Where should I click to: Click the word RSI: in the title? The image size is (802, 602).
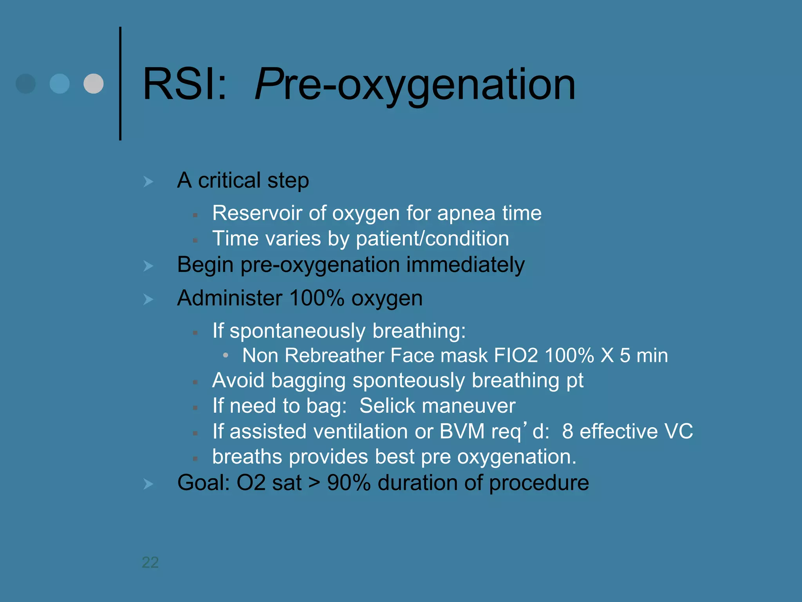(x=184, y=84)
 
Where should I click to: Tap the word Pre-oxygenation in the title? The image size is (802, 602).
(x=415, y=84)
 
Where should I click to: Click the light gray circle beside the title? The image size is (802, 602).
(x=94, y=83)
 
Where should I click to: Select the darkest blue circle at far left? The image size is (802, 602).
(x=25, y=83)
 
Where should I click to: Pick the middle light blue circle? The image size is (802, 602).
(x=60, y=83)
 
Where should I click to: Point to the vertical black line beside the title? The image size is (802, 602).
(x=120, y=83)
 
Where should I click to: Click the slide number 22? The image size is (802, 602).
(x=150, y=562)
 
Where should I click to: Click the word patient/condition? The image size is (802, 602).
(x=432, y=239)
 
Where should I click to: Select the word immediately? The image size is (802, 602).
(x=465, y=265)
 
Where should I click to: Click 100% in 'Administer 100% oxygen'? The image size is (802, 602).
(x=316, y=298)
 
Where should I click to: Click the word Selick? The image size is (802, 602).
(x=387, y=406)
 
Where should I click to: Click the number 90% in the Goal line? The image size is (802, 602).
(x=349, y=482)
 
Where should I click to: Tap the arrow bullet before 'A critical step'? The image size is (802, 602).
(x=148, y=181)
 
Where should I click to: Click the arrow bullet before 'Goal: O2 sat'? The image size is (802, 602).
(x=148, y=484)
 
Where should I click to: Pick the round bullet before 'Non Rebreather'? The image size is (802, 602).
(x=226, y=355)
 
